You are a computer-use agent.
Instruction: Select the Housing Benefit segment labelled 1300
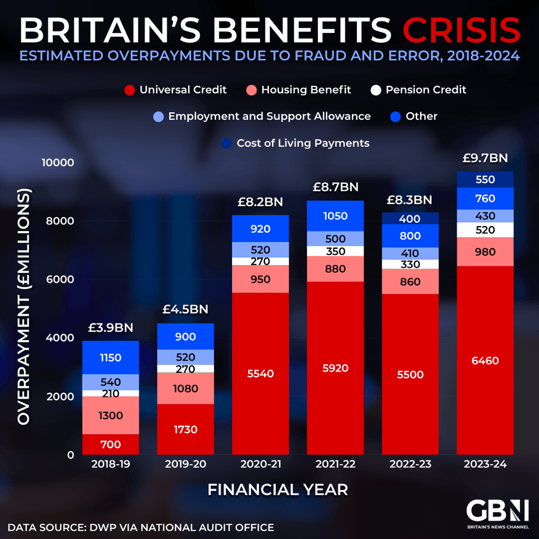click(111, 415)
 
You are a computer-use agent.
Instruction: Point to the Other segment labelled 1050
click(335, 216)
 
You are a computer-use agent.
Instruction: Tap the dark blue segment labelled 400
click(410, 218)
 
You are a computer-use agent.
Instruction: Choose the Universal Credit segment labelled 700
click(111, 444)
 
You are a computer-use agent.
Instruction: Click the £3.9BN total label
click(111, 328)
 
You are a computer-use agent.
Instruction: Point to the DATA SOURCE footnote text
click(141, 527)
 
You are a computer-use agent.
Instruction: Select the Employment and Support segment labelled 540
click(111, 382)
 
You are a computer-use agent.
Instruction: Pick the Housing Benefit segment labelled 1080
click(185, 388)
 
